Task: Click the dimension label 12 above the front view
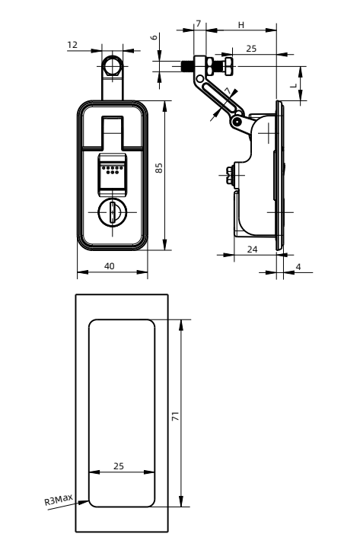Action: (72, 45)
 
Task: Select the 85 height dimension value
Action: (159, 168)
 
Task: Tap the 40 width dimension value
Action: (110, 266)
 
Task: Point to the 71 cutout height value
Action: (175, 416)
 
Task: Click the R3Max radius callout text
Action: (59, 500)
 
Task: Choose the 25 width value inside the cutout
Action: (119, 466)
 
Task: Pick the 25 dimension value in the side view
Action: (251, 49)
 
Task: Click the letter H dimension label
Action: (241, 25)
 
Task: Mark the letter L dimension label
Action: (294, 85)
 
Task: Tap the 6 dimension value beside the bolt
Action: (154, 37)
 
